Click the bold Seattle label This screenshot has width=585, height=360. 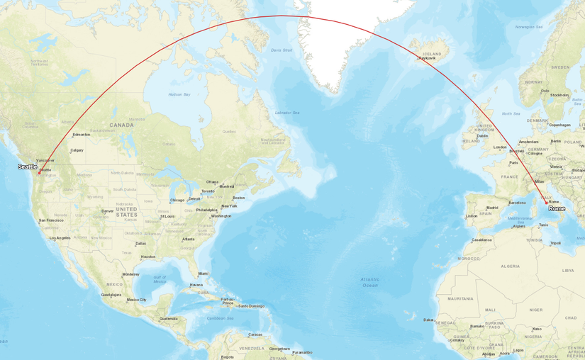point(28,167)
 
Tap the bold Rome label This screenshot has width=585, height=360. point(557,209)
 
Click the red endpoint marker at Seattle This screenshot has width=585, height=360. point(40,173)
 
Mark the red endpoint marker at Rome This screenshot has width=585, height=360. point(546,203)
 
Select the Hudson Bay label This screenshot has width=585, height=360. point(179,94)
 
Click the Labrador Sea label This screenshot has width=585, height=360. point(287,113)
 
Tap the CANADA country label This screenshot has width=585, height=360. point(121,125)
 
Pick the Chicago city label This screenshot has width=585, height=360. point(177,200)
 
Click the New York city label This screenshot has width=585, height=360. point(229,206)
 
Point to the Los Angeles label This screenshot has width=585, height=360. point(60,238)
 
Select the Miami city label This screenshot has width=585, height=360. point(204,274)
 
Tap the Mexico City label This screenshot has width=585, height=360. point(137,300)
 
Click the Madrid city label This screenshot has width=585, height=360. point(492,208)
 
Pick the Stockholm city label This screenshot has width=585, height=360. point(559,95)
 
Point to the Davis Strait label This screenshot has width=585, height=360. point(282,50)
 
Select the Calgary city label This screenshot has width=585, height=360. point(77,150)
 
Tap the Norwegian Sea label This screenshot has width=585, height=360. point(529,27)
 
